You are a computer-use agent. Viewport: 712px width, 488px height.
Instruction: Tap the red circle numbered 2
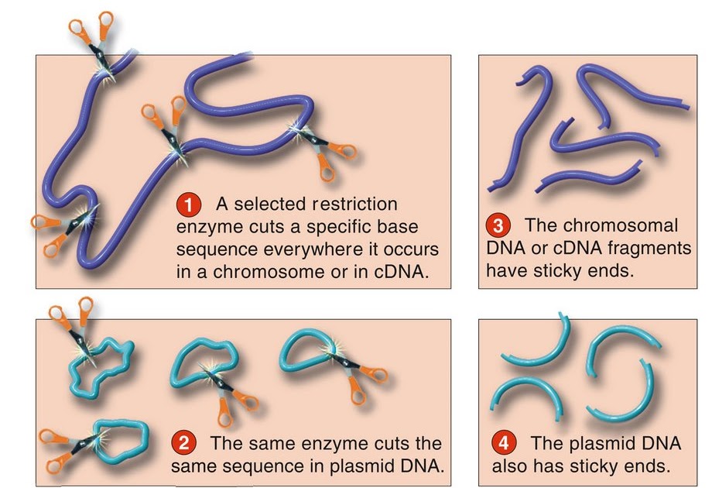[183, 444]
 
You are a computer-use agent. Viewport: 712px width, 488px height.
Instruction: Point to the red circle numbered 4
[504, 444]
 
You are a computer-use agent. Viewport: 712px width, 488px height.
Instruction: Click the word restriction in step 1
[353, 205]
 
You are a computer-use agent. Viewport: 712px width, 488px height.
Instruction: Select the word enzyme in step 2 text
[335, 444]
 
